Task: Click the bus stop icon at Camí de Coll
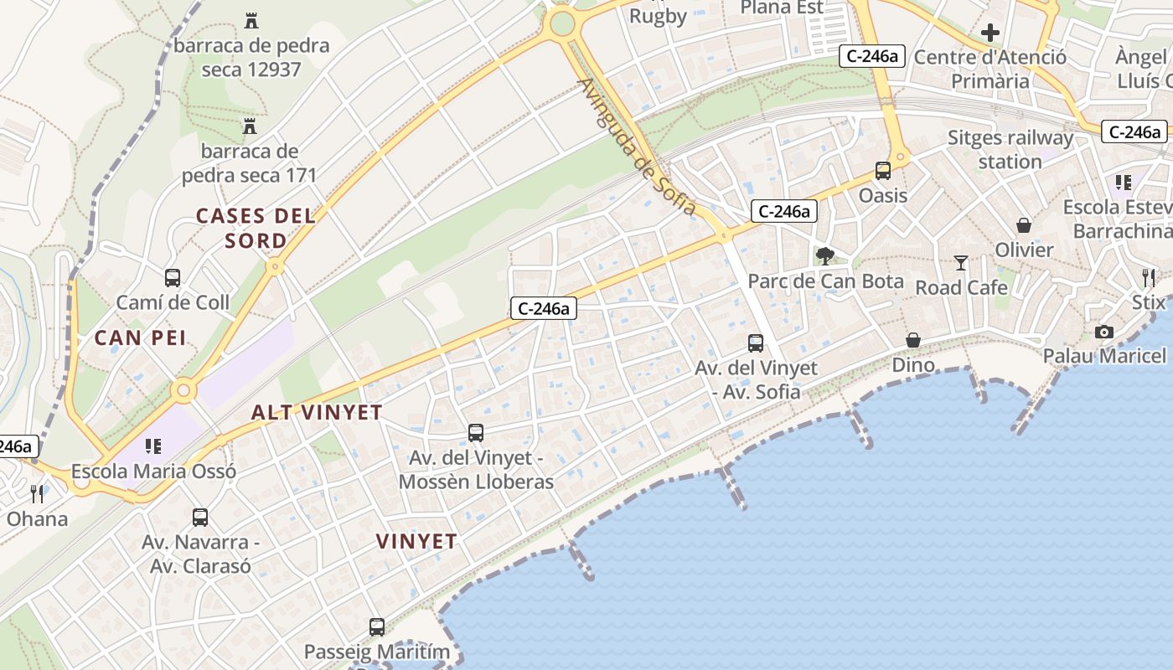pyautogui.click(x=173, y=278)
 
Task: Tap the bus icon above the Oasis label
pyautogui.click(x=883, y=171)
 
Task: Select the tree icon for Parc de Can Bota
pyautogui.click(x=825, y=256)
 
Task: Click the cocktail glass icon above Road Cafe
pyautogui.click(x=961, y=263)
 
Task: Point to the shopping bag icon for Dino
pyautogui.click(x=913, y=340)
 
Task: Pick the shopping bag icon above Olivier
pyautogui.click(x=1024, y=225)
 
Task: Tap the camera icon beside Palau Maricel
pyautogui.click(x=1104, y=332)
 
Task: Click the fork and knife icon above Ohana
pyautogui.click(x=37, y=493)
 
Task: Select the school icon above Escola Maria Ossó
pyautogui.click(x=152, y=446)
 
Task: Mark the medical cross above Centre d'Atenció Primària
pyautogui.click(x=990, y=33)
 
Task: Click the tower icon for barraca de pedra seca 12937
pyautogui.click(x=251, y=20)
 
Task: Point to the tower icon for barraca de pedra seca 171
pyautogui.click(x=249, y=127)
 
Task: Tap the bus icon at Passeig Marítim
pyautogui.click(x=377, y=626)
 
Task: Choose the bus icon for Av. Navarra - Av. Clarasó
pyautogui.click(x=200, y=518)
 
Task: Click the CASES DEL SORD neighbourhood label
pyautogui.click(x=256, y=228)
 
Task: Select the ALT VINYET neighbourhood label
pyautogui.click(x=317, y=412)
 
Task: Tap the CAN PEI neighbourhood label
pyautogui.click(x=140, y=338)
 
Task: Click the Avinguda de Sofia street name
pyautogui.click(x=637, y=147)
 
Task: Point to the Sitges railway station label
pyautogui.click(x=1010, y=149)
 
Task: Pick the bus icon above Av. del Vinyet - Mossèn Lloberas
pyautogui.click(x=476, y=433)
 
